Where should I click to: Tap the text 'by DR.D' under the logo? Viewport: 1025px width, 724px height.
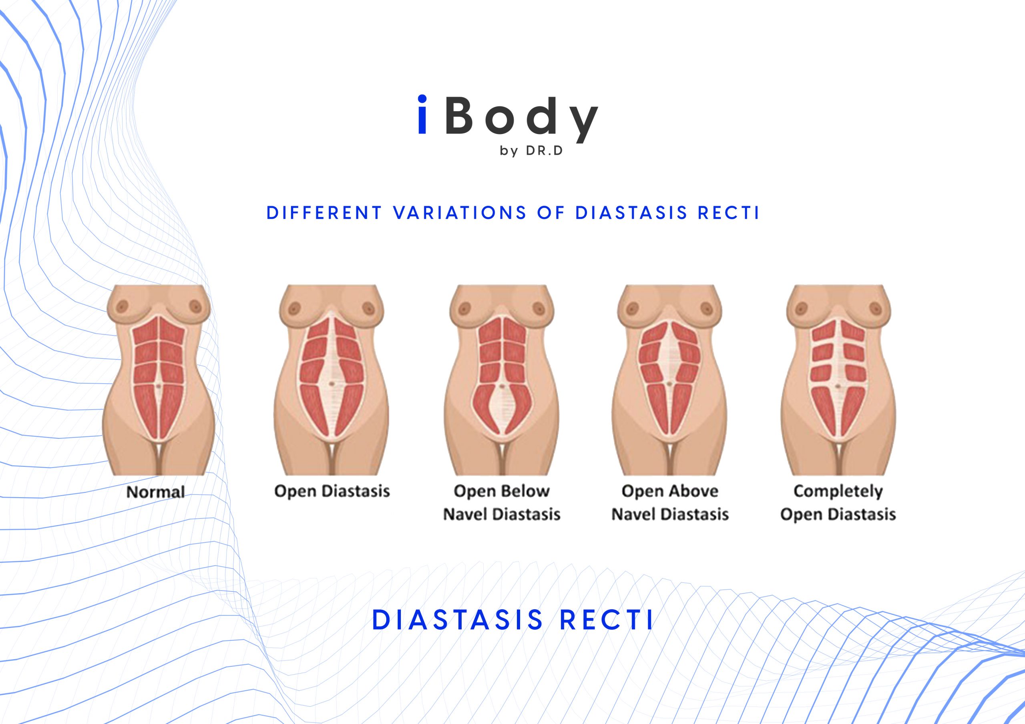pos(531,151)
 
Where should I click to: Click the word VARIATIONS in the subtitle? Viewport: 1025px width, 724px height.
pos(460,213)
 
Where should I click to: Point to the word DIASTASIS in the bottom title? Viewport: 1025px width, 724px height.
pos(458,620)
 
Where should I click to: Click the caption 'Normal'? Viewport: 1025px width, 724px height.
pos(155,492)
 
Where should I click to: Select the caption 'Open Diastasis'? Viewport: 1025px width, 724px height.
pos(332,491)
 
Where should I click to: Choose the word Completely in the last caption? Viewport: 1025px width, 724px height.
pos(838,491)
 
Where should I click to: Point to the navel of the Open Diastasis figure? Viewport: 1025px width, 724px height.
pos(331,384)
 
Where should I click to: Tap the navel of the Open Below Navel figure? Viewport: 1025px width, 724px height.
pos(502,386)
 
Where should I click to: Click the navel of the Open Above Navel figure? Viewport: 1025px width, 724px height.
pos(669,384)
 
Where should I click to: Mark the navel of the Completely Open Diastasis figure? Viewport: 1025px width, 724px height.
pos(838,386)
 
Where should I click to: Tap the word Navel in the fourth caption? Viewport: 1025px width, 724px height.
pos(633,515)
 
